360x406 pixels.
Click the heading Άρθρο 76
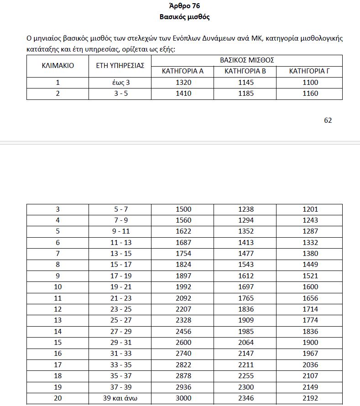[184, 6]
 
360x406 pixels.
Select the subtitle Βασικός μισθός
[184, 17]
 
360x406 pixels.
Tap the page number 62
[328, 120]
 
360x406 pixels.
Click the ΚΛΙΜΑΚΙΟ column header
[57, 66]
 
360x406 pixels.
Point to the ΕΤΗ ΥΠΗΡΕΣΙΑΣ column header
[120, 66]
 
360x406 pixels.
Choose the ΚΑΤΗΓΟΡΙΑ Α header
[183, 71]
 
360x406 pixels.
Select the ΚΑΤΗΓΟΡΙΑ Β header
[245, 71]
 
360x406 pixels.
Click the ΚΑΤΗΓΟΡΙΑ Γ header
[309, 71]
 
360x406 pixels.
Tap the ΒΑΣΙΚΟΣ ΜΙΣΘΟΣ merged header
[247, 60]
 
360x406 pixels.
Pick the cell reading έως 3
[120, 83]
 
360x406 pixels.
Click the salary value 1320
[183, 83]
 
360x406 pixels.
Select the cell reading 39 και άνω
[120, 398]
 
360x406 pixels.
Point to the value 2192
[310, 398]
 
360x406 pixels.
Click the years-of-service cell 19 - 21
[120, 287]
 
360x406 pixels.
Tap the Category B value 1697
[246, 287]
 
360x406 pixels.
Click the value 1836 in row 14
[310, 331]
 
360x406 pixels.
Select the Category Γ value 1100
[310, 83]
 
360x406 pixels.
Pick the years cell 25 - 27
[120, 320]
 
